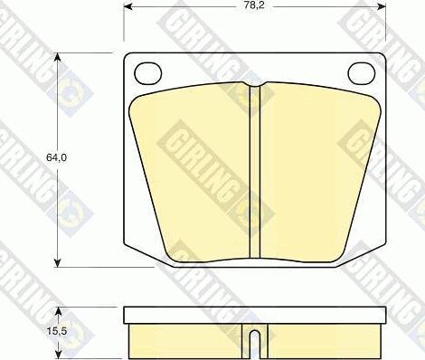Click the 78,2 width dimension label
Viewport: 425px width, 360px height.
pos(254,5)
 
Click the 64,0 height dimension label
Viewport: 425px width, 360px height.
pos(56,157)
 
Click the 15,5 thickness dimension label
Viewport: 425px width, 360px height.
pos(56,331)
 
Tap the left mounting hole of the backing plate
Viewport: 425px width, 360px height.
pos(148,73)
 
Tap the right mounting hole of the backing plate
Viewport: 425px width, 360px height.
pos(362,73)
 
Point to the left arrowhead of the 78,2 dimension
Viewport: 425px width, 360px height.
pos(127,6)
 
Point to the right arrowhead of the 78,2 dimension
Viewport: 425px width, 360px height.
pos(382,6)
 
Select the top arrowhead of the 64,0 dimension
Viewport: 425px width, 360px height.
pos(58,57)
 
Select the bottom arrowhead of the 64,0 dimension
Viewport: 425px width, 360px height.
pos(58,262)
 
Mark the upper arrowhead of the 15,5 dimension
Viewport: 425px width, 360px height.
pos(59,312)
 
